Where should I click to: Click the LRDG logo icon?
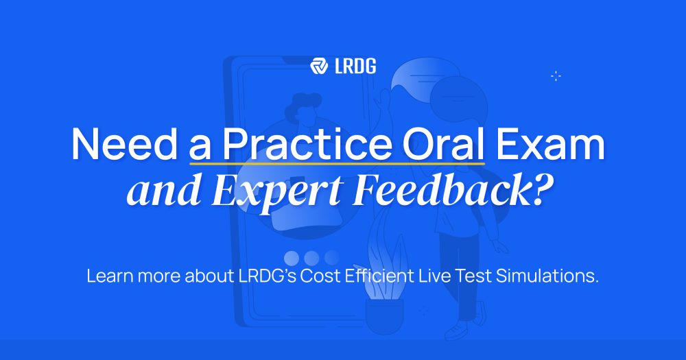pyautogui.click(x=319, y=66)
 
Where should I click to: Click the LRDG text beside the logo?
pyautogui.click(x=355, y=66)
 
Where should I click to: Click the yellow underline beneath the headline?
pyautogui.click(x=338, y=164)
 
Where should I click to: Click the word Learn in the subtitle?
pyautogui.click(x=110, y=276)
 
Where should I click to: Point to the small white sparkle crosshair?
pyautogui.click(x=556, y=76)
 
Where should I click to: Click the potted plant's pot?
pyautogui.click(x=384, y=316)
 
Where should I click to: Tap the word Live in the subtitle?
pyautogui.click(x=435, y=276)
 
